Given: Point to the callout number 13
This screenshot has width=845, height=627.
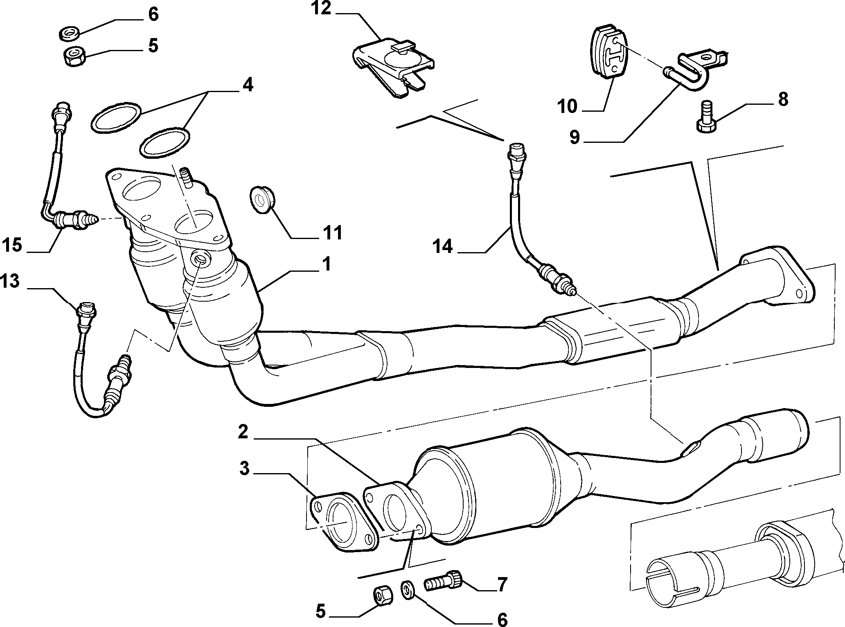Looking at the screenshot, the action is pyautogui.click(x=10, y=282).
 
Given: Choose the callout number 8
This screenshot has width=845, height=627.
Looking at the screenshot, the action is pyautogui.click(x=783, y=99).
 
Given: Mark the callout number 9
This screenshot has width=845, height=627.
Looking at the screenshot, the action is pyautogui.click(x=575, y=138).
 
